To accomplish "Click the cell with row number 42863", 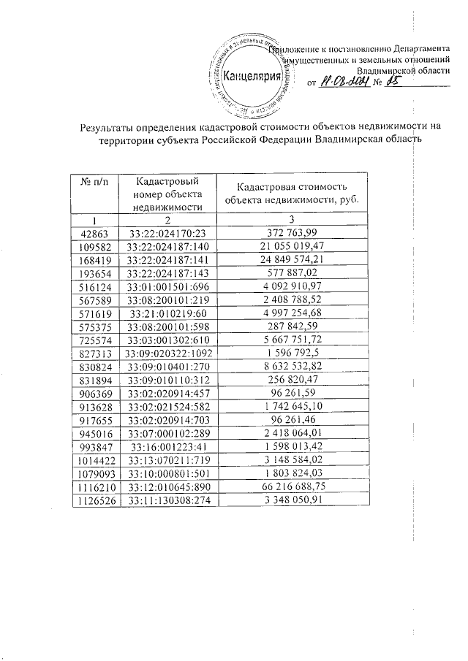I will (94, 233).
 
